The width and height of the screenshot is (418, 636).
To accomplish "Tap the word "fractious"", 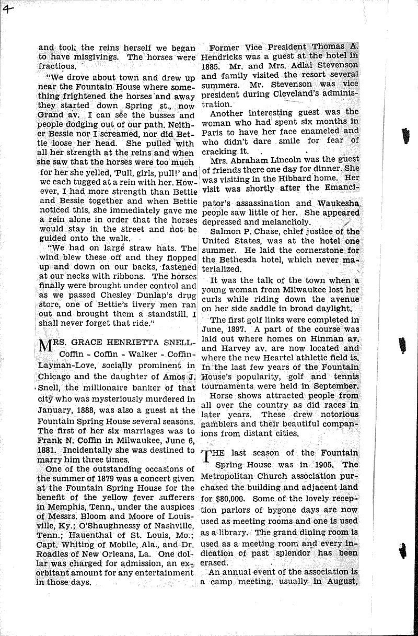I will tap(57, 67).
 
